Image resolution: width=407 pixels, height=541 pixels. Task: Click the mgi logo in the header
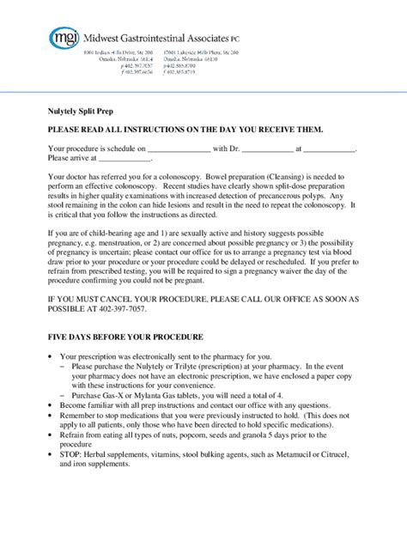pos(64,38)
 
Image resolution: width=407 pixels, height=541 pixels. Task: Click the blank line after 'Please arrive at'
pos(125,157)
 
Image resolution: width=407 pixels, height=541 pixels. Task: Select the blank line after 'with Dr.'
pos(266,148)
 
